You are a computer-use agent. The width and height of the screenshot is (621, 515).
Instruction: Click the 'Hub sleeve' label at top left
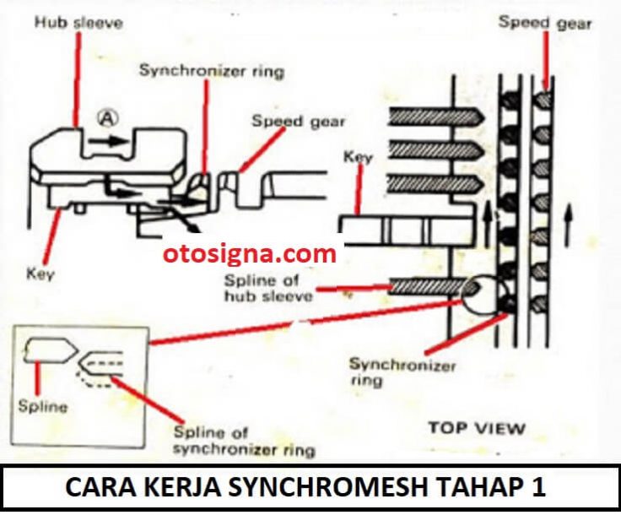[x=78, y=22]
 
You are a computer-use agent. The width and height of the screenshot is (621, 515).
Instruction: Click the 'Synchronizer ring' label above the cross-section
[x=212, y=71]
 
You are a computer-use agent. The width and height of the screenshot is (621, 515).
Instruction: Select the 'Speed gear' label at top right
[x=545, y=23]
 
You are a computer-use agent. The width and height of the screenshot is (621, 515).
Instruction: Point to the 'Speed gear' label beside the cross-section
[x=298, y=122]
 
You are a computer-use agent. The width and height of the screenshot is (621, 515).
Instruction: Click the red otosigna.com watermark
[x=250, y=253]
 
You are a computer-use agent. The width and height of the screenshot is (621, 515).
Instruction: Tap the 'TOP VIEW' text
[x=477, y=428]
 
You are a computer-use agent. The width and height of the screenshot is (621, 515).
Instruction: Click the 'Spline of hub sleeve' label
[x=268, y=288]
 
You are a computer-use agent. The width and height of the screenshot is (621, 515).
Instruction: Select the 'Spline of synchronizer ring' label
[x=244, y=442]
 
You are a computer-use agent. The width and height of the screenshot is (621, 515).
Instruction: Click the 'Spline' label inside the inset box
[x=43, y=407]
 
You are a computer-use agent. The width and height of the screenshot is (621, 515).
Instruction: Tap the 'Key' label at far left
[x=40, y=274]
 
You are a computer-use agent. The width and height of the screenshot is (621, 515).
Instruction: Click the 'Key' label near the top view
[x=358, y=157]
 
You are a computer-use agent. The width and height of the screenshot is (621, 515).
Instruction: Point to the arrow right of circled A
[x=109, y=141]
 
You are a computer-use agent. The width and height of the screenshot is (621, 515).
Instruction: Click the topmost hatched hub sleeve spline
[x=436, y=117]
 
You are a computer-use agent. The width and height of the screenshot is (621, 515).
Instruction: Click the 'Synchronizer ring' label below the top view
[x=402, y=372]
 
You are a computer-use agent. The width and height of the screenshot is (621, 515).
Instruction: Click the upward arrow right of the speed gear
[x=569, y=225]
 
